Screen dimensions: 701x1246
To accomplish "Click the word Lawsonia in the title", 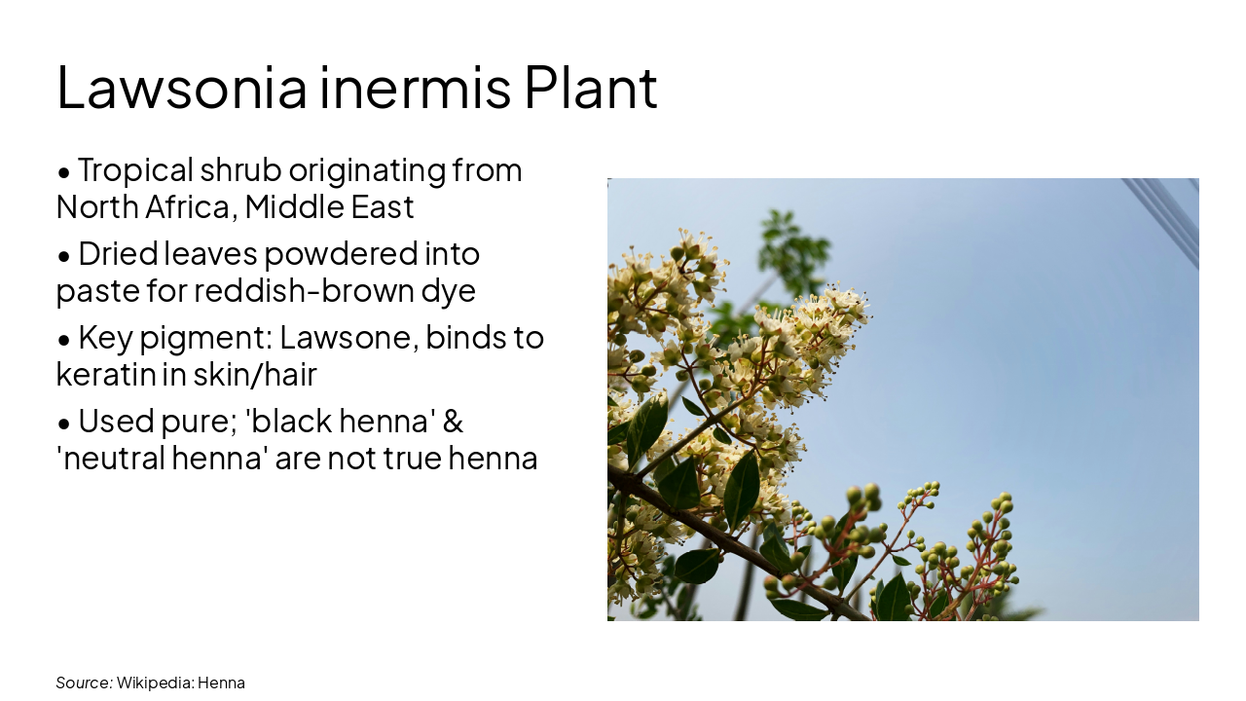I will click(182, 88).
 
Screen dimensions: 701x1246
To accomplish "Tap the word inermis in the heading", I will click(415, 88).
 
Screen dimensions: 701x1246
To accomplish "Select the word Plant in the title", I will click(591, 88).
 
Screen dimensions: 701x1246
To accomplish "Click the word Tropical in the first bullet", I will click(135, 170).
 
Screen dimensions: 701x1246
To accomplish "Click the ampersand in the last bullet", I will click(453, 422).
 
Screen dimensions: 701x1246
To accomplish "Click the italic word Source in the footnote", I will click(84, 683).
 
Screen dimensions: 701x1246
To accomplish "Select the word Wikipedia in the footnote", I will click(154, 683).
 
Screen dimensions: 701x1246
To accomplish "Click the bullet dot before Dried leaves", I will click(64, 256).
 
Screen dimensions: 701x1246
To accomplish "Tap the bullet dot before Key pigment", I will click(64, 340).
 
